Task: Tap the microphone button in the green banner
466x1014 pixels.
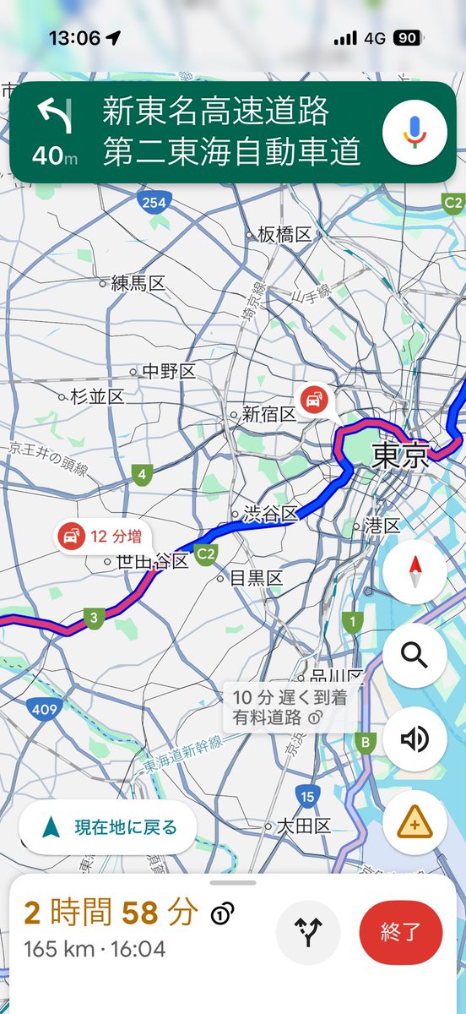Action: (414, 131)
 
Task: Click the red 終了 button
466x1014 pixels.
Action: (401, 933)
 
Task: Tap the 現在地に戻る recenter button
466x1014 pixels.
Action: (108, 827)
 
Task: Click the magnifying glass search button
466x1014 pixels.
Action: (415, 656)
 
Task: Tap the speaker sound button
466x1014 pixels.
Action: (415, 739)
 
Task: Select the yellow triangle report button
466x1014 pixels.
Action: (415, 822)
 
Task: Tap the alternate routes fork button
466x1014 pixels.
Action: (308, 933)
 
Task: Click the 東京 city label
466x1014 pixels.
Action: (400, 456)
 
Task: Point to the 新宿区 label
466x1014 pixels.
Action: (269, 414)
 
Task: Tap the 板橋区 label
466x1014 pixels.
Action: (284, 234)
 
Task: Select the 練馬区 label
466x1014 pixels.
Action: (138, 284)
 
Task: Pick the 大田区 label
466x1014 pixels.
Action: (303, 826)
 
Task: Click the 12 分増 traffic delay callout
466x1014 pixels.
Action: (100, 536)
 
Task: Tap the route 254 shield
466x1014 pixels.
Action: (154, 201)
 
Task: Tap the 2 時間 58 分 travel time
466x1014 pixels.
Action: (111, 913)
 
